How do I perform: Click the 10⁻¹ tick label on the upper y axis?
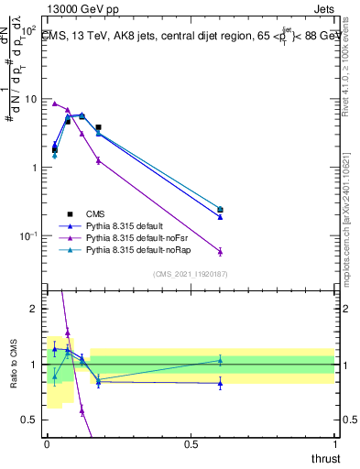click(x=30, y=236)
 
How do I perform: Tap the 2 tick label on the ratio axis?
click(x=35, y=309)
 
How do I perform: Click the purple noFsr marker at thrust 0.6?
click(x=220, y=251)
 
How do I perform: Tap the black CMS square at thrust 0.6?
click(x=220, y=210)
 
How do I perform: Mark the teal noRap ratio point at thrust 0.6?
click(x=220, y=360)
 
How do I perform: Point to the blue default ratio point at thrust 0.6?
click(x=220, y=384)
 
